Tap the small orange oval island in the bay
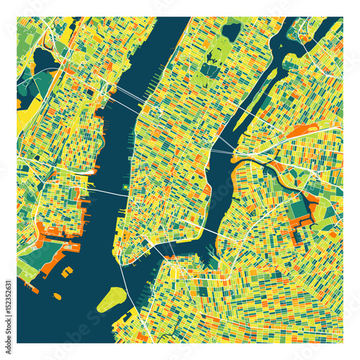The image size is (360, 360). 55,295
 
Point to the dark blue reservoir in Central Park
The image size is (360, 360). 232,31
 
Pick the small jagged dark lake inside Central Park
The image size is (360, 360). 210,69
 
